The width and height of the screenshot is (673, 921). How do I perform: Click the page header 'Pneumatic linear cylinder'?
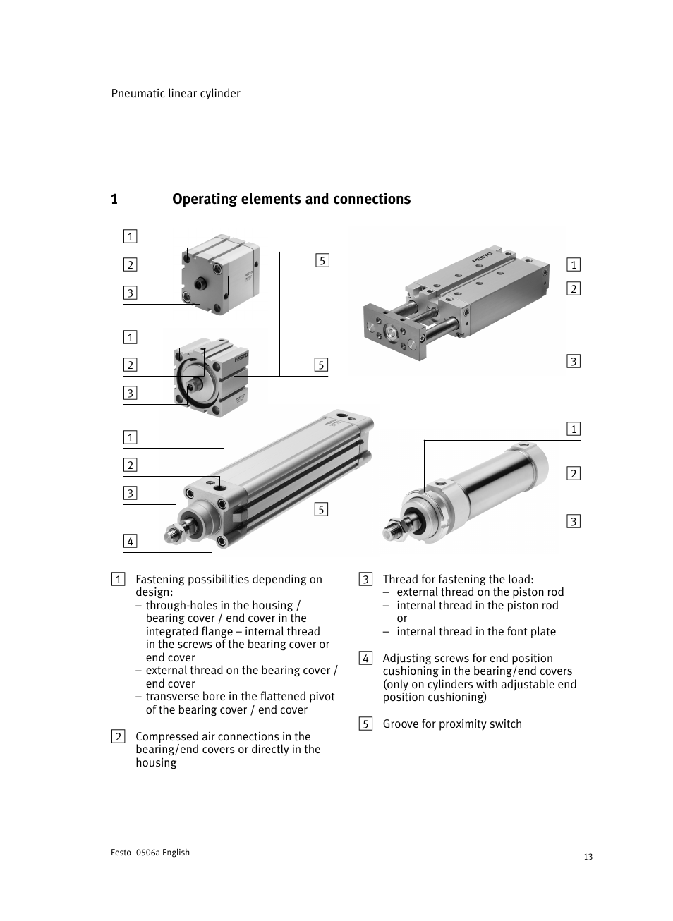point(176,93)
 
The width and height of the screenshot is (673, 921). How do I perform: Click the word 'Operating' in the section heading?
point(205,199)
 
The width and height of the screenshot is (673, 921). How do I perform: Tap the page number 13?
point(588,857)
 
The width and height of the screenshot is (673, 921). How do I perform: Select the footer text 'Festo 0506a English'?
point(150,852)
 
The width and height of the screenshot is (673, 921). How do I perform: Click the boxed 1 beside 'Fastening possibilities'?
point(119,580)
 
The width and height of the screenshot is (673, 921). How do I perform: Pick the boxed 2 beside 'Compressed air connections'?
point(119,737)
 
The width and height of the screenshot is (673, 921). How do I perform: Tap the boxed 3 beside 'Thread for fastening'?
point(365,580)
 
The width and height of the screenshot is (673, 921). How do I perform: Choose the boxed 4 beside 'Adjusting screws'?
point(365,659)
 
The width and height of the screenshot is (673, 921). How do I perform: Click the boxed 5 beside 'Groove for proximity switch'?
point(365,724)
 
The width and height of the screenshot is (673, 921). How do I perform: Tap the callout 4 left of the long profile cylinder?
point(130,542)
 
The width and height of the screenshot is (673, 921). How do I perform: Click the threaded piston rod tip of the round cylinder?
point(392,529)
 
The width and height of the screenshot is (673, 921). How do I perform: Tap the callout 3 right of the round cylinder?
point(574,522)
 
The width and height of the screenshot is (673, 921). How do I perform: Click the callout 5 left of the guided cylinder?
point(322,261)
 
